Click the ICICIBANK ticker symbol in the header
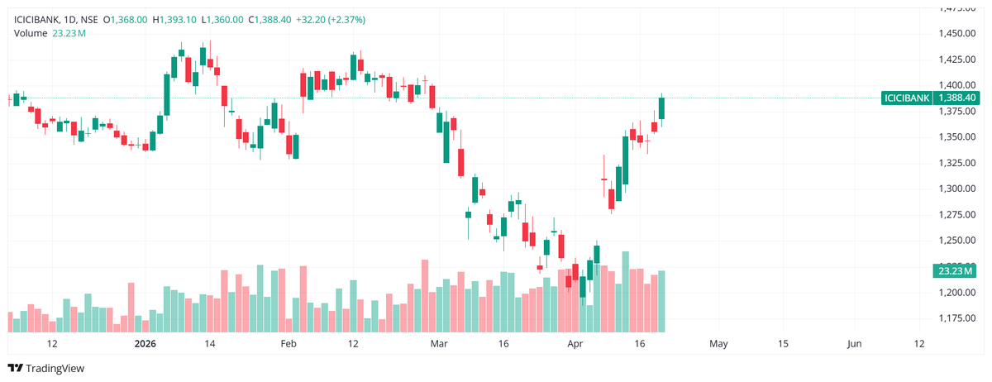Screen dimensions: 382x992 coord(37,19)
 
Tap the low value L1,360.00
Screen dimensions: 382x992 coord(222,19)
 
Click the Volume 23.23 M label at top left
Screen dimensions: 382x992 coord(50,33)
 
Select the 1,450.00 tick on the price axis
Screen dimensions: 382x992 coord(958,33)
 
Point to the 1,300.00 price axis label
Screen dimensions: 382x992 coord(958,189)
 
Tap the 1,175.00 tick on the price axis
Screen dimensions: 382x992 coord(958,318)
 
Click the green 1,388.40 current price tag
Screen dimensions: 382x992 coord(958,98)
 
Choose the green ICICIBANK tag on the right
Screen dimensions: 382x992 coord(907,98)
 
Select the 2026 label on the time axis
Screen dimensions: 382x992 coord(145,343)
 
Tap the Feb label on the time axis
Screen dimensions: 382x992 coord(288,343)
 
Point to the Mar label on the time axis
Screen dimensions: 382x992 coord(439,343)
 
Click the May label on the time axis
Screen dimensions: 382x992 coord(718,343)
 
